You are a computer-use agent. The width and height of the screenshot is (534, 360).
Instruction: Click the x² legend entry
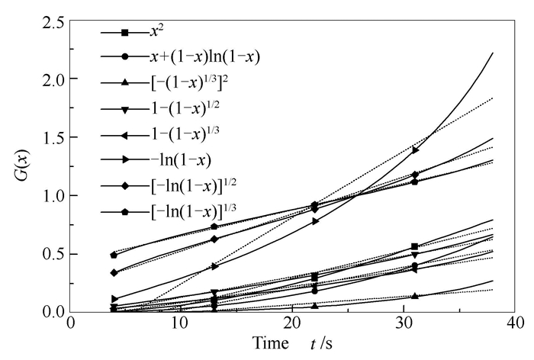click(x=159, y=33)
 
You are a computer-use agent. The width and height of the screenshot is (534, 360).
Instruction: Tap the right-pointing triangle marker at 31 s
click(x=415, y=150)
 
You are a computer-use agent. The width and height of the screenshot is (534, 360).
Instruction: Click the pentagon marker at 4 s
click(x=114, y=255)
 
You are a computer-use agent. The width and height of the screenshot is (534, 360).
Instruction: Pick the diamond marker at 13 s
click(x=214, y=239)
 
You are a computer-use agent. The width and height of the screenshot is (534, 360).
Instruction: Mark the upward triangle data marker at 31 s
click(x=415, y=296)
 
